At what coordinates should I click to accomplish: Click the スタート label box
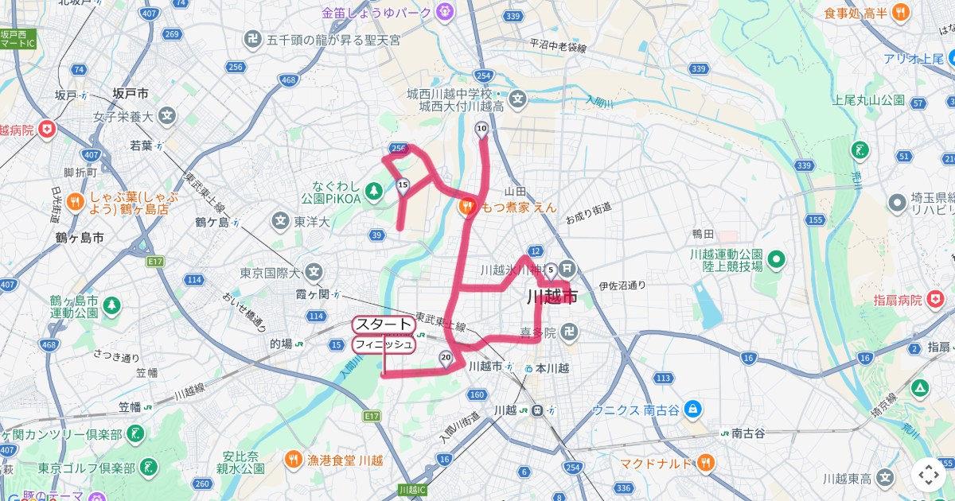click(384, 324)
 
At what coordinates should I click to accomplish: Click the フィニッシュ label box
click(384, 344)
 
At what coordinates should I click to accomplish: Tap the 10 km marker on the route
click(481, 129)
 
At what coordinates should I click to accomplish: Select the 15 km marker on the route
click(403, 186)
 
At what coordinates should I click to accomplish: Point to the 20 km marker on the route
click(446, 358)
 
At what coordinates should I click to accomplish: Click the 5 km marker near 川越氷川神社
click(550, 269)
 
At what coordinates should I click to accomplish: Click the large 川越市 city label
click(552, 297)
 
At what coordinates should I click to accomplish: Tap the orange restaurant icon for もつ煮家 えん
click(467, 206)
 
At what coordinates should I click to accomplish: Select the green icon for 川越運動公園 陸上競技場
click(777, 259)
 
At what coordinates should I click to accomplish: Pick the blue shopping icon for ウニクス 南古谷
click(692, 409)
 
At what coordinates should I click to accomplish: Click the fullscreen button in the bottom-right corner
click(929, 475)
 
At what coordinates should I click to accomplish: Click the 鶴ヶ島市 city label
click(80, 237)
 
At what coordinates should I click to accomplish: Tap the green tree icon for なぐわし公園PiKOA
click(378, 188)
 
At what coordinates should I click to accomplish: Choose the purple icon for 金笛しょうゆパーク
click(444, 13)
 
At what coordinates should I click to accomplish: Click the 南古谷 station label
click(747, 433)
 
